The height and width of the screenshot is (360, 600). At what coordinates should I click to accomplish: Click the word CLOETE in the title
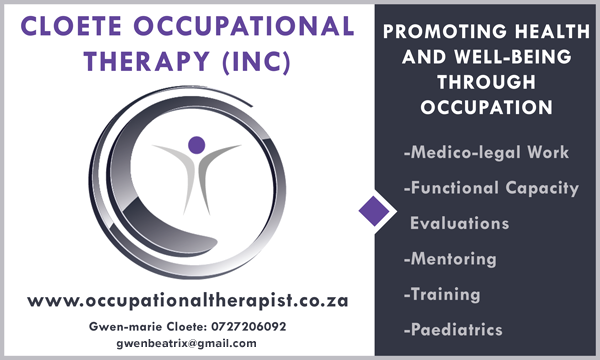(71, 26)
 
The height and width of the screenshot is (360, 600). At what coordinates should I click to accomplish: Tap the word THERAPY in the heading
(147, 62)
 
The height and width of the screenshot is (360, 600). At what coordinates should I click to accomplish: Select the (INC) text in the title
(256, 62)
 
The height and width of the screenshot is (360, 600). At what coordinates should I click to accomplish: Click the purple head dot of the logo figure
(197, 145)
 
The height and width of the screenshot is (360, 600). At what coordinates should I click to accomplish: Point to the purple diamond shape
(374, 211)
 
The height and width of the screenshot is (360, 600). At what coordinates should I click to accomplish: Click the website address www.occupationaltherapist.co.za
(188, 301)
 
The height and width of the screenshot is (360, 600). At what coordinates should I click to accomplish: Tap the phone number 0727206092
(249, 326)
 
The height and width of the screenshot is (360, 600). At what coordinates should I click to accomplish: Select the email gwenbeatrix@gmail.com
(186, 343)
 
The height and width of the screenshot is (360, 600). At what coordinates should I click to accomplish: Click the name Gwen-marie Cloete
(148, 326)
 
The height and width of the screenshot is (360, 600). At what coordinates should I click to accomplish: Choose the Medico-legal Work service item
(486, 152)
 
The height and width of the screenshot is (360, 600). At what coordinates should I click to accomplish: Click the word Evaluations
(459, 223)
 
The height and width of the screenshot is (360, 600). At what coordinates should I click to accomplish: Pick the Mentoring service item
(450, 259)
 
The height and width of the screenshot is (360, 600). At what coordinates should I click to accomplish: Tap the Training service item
(442, 294)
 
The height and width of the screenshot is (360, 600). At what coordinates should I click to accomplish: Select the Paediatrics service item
(453, 329)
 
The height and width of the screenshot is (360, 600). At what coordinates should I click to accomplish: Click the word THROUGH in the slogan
(486, 82)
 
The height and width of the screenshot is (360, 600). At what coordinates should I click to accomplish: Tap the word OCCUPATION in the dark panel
(486, 108)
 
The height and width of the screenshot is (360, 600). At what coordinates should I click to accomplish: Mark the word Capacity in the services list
(542, 188)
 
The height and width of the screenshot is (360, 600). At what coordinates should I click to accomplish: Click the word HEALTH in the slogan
(552, 31)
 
